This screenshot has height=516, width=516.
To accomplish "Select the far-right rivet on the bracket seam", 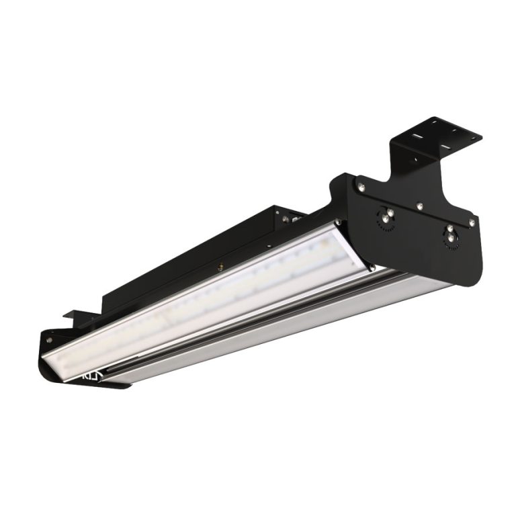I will (474, 220).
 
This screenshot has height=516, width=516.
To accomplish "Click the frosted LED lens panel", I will (202, 296).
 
